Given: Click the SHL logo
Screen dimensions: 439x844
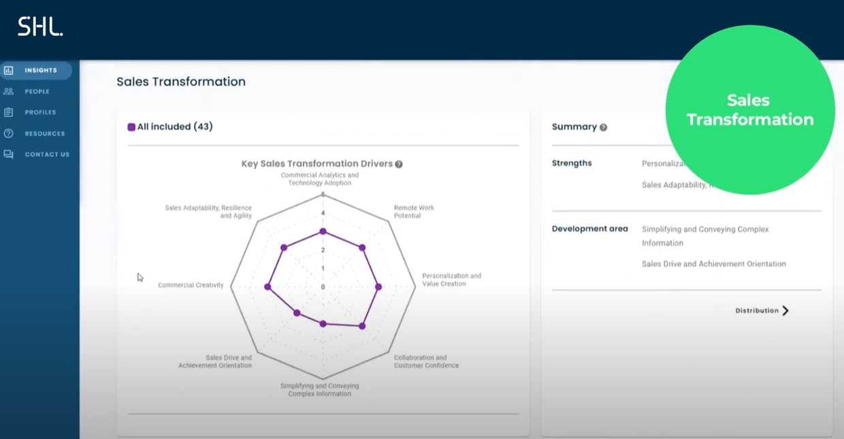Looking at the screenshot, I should (40, 27).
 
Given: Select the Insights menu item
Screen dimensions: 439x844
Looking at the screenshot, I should (40, 70).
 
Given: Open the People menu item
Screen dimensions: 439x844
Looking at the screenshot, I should (37, 91).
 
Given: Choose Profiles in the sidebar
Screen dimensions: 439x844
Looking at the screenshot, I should (40, 112).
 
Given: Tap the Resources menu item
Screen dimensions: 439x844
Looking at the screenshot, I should (44, 133).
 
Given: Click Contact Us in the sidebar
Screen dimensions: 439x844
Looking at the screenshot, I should (46, 155).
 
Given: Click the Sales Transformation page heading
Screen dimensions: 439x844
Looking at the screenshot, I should (181, 82).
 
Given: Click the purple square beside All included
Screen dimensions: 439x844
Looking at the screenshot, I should (131, 127).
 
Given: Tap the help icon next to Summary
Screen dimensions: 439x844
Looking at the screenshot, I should (603, 127).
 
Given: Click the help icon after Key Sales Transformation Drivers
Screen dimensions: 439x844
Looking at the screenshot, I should (399, 164).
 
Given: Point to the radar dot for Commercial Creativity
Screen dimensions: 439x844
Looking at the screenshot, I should (267, 287).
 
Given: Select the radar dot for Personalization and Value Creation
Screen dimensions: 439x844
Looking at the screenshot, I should (378, 287).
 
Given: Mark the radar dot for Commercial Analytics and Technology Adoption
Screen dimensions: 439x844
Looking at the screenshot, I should (323, 231).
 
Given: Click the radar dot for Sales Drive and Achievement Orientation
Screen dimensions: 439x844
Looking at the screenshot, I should (297, 313).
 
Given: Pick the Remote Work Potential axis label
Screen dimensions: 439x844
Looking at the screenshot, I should (414, 212).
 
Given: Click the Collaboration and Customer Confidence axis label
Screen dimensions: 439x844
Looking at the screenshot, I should (426, 361).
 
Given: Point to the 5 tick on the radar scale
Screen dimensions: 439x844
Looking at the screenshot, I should (323, 195).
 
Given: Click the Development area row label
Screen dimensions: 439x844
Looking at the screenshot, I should (589, 229).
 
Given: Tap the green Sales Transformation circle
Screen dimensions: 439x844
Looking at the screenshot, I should (750, 110).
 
